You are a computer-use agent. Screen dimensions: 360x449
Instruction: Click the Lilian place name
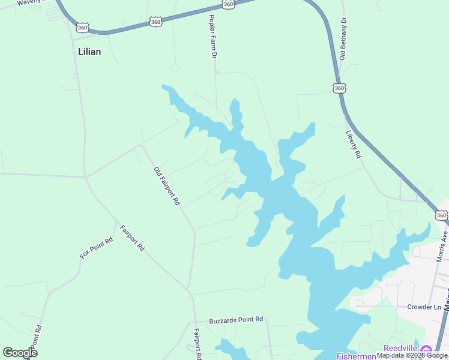(x=89, y=52)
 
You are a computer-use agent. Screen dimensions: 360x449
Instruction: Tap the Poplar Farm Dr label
(x=213, y=37)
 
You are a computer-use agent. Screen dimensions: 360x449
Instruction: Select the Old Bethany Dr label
(x=343, y=38)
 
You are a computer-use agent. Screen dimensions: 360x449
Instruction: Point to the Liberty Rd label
(x=354, y=145)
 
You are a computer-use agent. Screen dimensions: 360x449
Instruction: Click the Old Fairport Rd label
(x=166, y=187)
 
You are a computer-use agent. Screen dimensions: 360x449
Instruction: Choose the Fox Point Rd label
(x=97, y=248)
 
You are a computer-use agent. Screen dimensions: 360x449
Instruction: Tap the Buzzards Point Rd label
(x=236, y=320)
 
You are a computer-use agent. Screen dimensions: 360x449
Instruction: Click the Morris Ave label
(x=443, y=245)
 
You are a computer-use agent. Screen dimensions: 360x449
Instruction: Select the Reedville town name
(x=400, y=349)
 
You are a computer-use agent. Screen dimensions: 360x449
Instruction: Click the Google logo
(x=20, y=352)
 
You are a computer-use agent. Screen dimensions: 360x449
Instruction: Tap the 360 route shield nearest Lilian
(x=83, y=27)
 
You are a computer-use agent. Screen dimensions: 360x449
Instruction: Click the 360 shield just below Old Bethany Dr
(x=339, y=88)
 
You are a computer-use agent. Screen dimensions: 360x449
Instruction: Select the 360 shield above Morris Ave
(x=442, y=215)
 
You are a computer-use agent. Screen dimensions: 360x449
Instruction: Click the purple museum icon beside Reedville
(x=426, y=349)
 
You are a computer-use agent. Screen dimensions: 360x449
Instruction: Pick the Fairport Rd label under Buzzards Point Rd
(x=197, y=343)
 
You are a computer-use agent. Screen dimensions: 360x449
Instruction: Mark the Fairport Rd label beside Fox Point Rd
(x=132, y=238)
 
